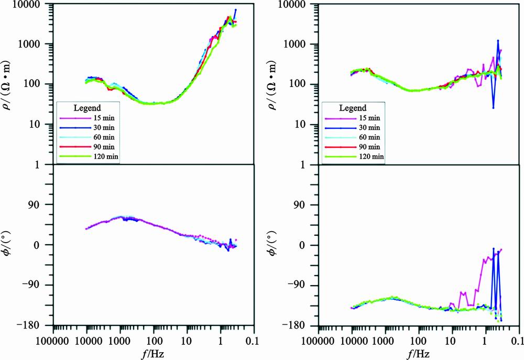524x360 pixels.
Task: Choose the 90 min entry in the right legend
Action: click(366, 147)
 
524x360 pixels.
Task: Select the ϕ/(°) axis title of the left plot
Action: click(12, 245)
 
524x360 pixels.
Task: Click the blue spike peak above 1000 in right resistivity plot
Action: click(498, 40)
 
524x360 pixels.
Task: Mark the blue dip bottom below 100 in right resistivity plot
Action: click(494, 108)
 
